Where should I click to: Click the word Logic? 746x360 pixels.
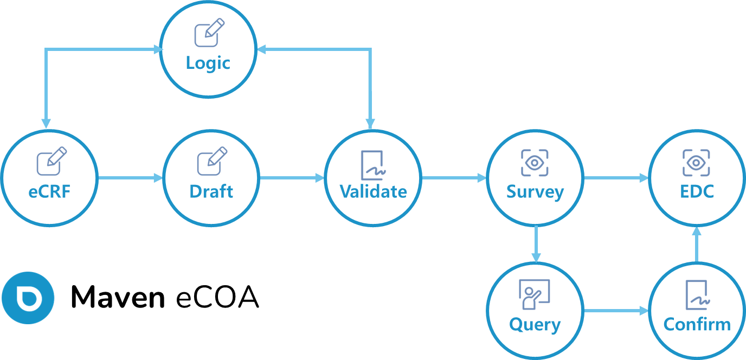click(x=208, y=63)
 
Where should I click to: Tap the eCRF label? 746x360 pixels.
click(x=49, y=191)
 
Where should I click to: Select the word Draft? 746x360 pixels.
click(x=211, y=191)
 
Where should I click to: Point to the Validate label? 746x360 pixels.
click(x=373, y=191)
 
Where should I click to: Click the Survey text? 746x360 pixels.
click(x=535, y=191)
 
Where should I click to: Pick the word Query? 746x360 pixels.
click(x=535, y=325)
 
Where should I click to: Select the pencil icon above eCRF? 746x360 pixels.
click(x=52, y=160)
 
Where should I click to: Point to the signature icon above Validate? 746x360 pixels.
click(x=374, y=164)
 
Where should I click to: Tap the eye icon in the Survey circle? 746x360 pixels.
click(x=535, y=163)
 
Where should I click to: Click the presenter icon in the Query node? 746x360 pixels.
click(x=535, y=294)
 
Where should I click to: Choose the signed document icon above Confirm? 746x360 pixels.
click(x=697, y=294)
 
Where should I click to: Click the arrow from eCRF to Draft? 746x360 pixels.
click(x=130, y=178)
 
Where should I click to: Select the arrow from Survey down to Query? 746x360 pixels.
click(x=536, y=244)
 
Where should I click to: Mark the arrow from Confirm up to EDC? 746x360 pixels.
click(x=697, y=244)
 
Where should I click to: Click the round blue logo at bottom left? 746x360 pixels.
click(x=28, y=298)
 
